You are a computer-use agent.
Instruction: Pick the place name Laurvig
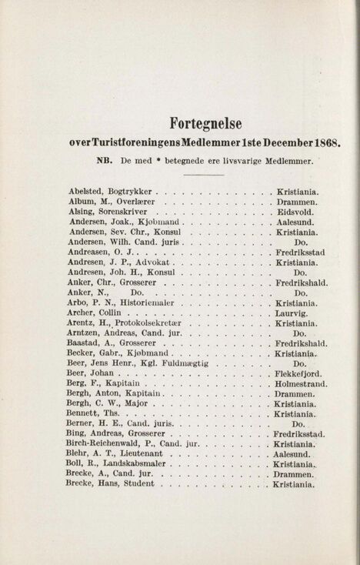tap(292, 314)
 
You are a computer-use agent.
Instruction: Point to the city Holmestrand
tap(301, 384)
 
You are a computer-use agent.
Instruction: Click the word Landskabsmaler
tap(132, 465)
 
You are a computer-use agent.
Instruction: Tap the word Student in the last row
tap(137, 485)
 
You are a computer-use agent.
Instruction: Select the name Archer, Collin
tap(95, 314)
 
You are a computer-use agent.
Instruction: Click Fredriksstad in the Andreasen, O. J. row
tap(301, 252)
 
